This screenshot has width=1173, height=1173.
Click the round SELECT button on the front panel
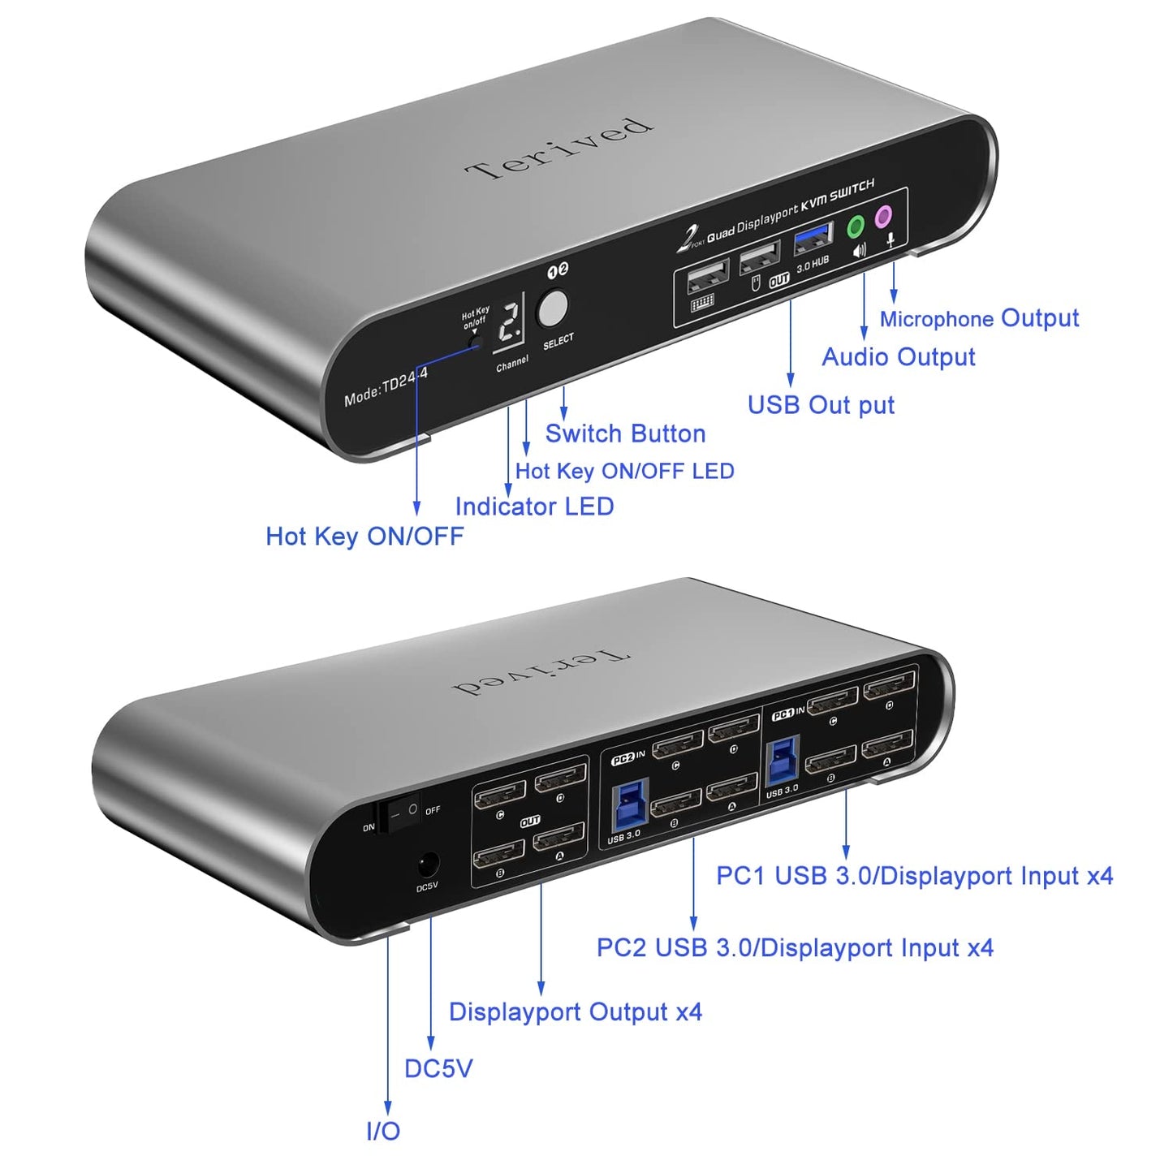click(x=553, y=308)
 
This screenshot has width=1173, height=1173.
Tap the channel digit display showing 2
click(x=510, y=322)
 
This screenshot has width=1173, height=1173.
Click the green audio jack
click(x=856, y=226)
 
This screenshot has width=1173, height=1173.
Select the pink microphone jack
click(x=882, y=217)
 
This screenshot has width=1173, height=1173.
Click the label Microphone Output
click(x=979, y=318)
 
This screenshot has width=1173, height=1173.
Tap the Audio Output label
click(x=898, y=357)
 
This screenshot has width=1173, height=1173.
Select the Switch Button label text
click(x=625, y=433)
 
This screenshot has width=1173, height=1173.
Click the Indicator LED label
click(x=534, y=507)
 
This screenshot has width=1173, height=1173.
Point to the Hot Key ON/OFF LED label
click(x=624, y=471)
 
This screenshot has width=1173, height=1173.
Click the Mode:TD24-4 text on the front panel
click(x=386, y=386)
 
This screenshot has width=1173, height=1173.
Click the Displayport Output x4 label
click(x=575, y=1012)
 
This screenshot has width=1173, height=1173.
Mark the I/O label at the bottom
click(x=383, y=1131)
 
